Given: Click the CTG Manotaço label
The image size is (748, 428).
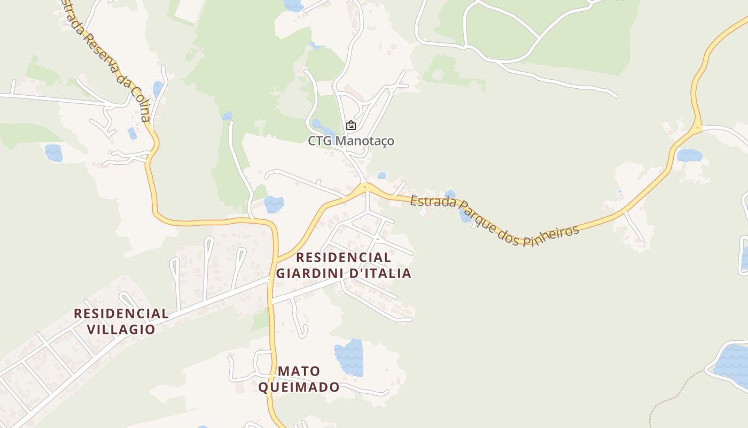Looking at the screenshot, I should pyautogui.click(x=351, y=141).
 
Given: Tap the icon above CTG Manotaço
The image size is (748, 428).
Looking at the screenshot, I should pyautogui.click(x=351, y=125).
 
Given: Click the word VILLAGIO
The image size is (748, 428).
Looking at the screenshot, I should pyautogui.click(x=121, y=329).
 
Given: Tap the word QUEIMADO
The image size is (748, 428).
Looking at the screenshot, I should pyautogui.click(x=299, y=387).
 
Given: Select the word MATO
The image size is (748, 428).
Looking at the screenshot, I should pyautogui.click(x=299, y=371).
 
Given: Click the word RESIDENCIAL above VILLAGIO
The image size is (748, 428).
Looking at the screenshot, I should pyautogui.click(x=121, y=314).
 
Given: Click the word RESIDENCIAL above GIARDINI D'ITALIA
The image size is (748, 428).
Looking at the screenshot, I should pyautogui.click(x=344, y=257).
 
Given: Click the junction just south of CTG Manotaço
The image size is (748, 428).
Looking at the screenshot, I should pyautogui.click(x=364, y=187).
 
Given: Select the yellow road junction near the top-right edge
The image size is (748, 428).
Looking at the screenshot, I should pyautogui.click(x=697, y=128).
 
